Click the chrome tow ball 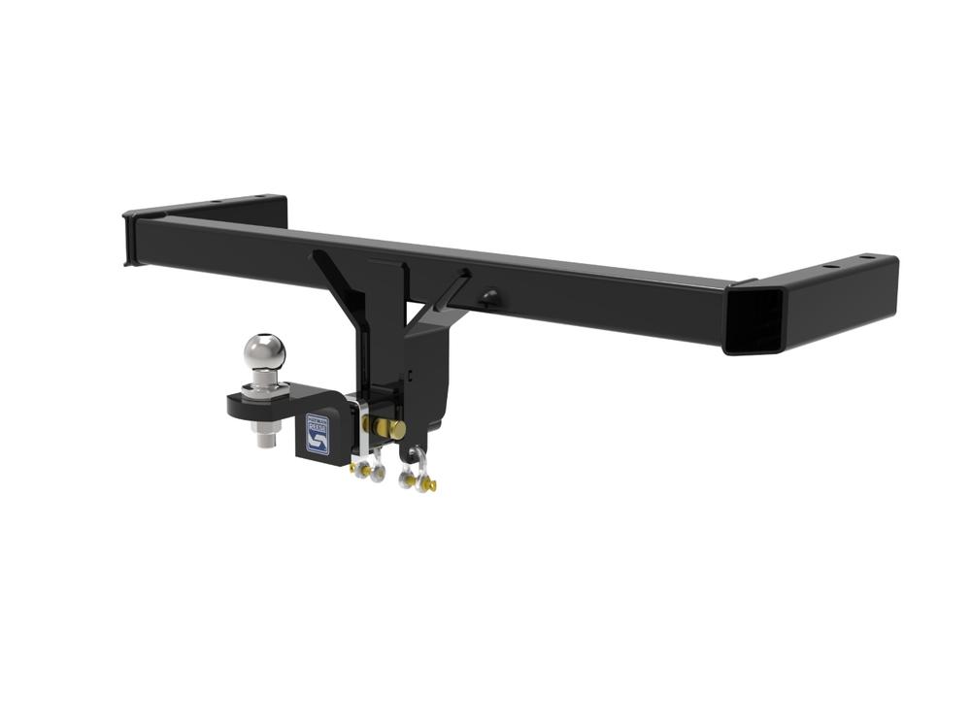(264, 350)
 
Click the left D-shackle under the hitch (367, 470)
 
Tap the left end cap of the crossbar (128, 238)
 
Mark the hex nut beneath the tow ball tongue (265, 424)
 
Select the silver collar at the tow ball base (264, 386)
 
